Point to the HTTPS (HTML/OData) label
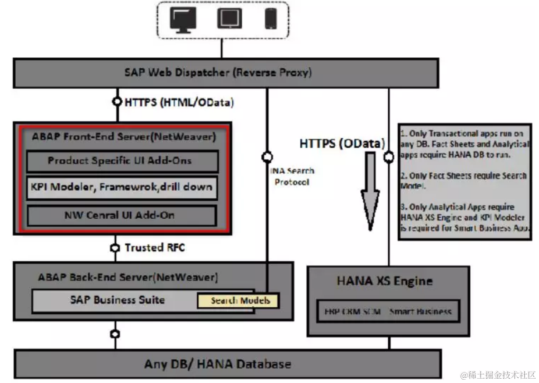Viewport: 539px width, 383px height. pyautogui.click(x=179, y=102)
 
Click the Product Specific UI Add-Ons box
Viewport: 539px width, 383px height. pyautogui.click(x=122, y=161)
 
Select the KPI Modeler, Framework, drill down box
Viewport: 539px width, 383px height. pyautogui.click(x=122, y=188)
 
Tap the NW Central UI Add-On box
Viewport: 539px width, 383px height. pyautogui.click(x=122, y=215)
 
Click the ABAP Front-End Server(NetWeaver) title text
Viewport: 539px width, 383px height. pyautogui.click(x=124, y=137)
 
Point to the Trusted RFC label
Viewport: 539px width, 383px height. pyautogui.click(x=155, y=248)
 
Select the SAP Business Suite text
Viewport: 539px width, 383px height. pyautogui.click(x=117, y=300)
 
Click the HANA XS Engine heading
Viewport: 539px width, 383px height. pyautogui.click(x=384, y=281)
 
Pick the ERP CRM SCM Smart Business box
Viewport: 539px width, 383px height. pyautogui.click(x=388, y=312)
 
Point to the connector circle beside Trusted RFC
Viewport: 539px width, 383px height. pyautogui.click(x=114, y=248)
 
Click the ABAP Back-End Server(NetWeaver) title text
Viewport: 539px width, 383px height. pyautogui.click(x=128, y=277)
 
